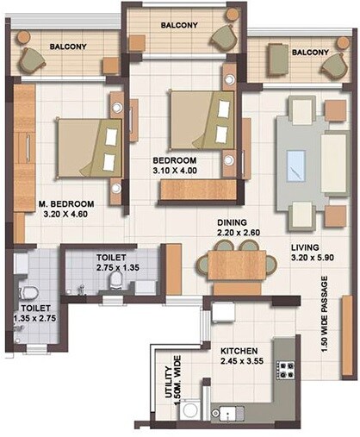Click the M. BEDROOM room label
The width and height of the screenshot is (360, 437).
click(x=65, y=204)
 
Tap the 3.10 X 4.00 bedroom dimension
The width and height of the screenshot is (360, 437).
click(x=175, y=171)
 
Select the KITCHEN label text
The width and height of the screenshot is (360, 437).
click(x=239, y=351)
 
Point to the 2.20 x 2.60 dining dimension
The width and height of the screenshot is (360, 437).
click(x=239, y=232)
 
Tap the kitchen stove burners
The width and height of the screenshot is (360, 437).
click(x=285, y=371)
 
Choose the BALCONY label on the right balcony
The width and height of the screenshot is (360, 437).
click(x=310, y=52)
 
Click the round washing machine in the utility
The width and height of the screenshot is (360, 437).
click(x=190, y=411)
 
